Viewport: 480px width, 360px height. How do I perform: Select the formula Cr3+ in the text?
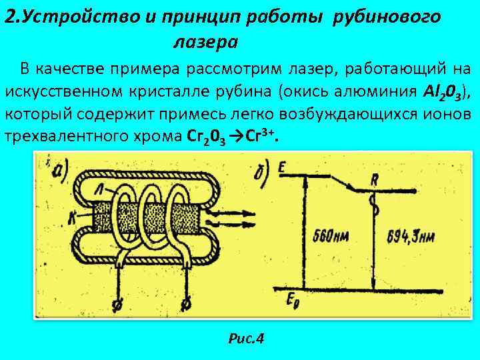tap(259, 137)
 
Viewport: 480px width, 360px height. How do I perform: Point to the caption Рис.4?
tap(246, 339)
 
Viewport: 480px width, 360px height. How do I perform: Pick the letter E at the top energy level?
tap(283, 168)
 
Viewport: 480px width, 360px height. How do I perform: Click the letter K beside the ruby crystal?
tap(71, 217)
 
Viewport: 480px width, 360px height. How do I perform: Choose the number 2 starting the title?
tap(9, 17)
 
